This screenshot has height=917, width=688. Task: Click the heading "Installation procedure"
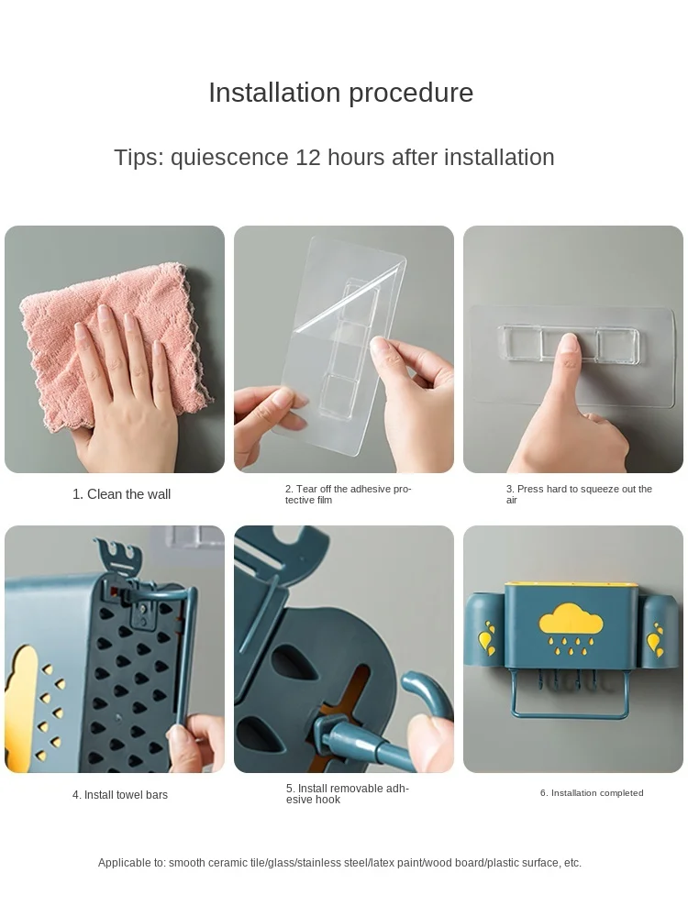coord(340,93)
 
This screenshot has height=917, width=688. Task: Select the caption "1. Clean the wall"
coord(122,494)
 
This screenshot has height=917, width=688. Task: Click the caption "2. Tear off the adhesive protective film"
coord(348,494)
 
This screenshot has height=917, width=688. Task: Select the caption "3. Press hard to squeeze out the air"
coord(579,494)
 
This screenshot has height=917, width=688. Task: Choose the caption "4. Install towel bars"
coord(120,795)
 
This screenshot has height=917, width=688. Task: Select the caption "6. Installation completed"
coord(592,793)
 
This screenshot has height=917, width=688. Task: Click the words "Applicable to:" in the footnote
coord(132,863)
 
